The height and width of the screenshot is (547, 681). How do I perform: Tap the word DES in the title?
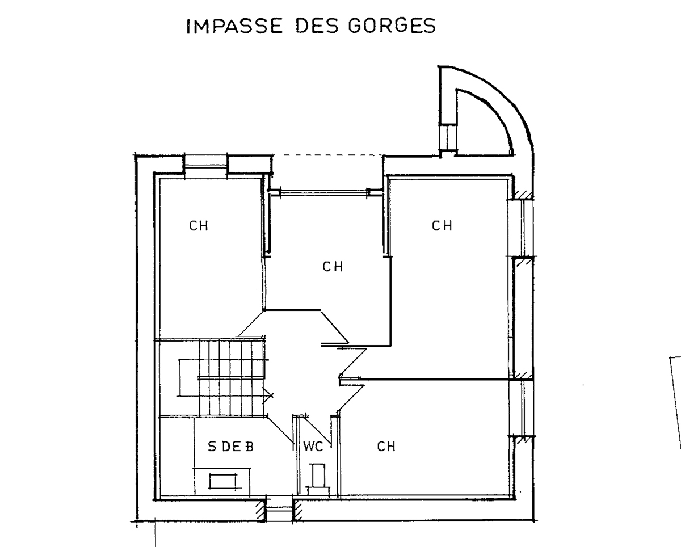pos(313,26)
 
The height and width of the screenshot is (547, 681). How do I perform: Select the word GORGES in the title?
pos(392,26)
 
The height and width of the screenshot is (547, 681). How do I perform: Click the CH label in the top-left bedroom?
pos(199,226)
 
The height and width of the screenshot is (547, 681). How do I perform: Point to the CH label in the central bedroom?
pos(333,266)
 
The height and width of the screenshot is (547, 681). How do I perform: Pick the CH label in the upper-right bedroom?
pos(442,226)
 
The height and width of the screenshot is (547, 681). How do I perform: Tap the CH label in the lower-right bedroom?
pos(386,447)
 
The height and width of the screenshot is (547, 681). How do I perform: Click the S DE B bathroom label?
pos(230,447)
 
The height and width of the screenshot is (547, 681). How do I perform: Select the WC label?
pos(313,447)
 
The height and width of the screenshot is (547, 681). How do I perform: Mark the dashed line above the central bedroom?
pos(326,155)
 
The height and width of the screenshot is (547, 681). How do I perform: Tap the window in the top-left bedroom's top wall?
pos(206,165)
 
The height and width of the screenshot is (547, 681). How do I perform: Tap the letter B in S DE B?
pos(248,447)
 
